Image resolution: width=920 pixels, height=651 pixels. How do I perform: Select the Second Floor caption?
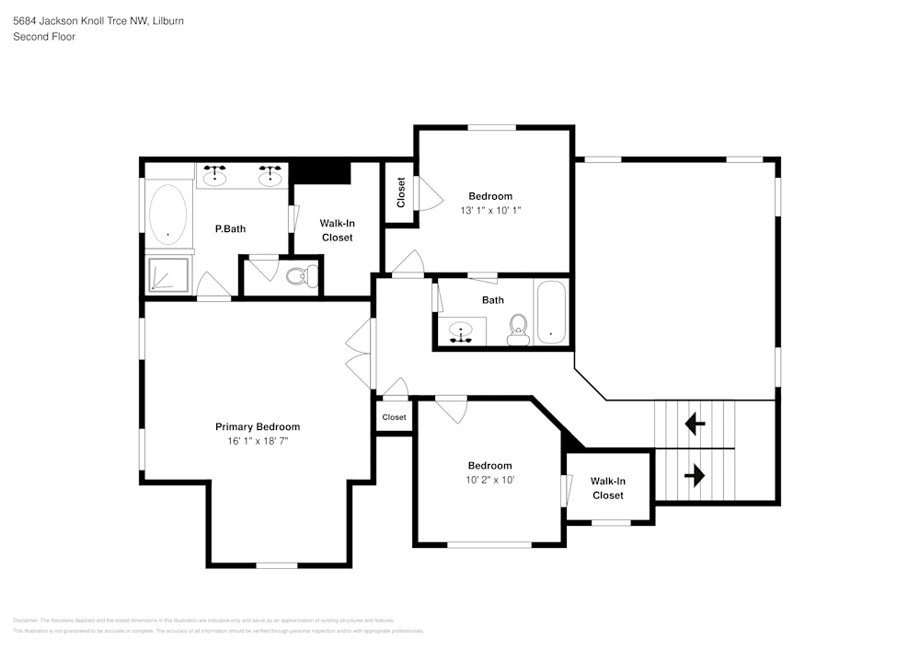(44, 37)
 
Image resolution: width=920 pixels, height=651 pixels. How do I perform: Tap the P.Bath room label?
(230, 229)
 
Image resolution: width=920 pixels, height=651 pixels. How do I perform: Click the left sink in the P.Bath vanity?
(215, 176)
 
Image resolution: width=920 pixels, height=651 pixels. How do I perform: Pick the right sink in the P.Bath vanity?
(270, 176)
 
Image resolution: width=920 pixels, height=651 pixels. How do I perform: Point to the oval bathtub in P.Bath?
(167, 215)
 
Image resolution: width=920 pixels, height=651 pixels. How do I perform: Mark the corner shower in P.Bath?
(168, 275)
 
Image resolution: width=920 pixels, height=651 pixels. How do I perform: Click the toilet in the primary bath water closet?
(301, 275)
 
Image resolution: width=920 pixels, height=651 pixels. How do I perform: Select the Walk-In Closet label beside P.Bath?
(337, 230)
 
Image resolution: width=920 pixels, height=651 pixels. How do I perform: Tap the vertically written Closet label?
(401, 192)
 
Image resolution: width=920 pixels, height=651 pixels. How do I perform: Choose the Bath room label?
(493, 300)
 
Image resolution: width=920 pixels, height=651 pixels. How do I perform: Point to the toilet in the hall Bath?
(519, 329)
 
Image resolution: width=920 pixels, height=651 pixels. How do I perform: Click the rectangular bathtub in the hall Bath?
(552, 313)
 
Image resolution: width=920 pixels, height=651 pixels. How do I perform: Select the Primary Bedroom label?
(258, 426)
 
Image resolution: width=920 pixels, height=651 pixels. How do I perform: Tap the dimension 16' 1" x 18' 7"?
(258, 441)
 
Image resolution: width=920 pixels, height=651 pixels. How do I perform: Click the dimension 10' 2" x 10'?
(489, 480)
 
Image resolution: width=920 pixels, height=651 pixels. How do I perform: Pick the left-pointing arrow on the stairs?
(695, 424)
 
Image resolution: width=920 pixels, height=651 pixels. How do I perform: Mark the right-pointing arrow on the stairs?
(695, 475)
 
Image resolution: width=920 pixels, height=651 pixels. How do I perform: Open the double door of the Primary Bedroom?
(359, 355)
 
